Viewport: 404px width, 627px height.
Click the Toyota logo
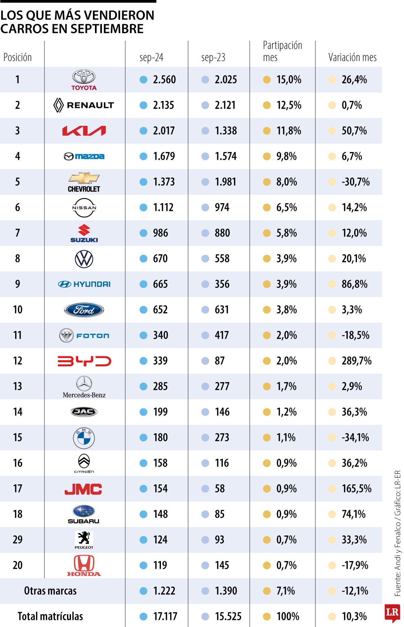pyautogui.click(x=84, y=79)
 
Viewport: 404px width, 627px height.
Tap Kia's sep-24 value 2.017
pyautogui.click(x=164, y=131)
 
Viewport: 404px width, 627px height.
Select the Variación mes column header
pyautogui.click(x=352, y=58)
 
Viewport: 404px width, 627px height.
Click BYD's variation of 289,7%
pyautogui.click(x=356, y=361)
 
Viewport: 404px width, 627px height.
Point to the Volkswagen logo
pyautogui.click(x=84, y=259)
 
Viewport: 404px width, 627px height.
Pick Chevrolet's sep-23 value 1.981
pyautogui.click(x=226, y=182)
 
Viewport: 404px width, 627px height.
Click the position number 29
pyautogui.click(x=18, y=540)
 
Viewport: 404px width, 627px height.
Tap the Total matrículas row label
pyautogui.click(x=50, y=616)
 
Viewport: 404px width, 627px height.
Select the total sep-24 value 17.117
pyautogui.click(x=165, y=616)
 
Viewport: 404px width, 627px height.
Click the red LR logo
pyautogui.click(x=392, y=613)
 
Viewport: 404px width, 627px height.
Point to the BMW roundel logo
pyautogui.click(x=84, y=438)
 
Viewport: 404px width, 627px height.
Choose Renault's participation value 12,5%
pyautogui.click(x=289, y=105)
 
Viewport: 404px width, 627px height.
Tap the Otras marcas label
pyautogui.click(x=50, y=591)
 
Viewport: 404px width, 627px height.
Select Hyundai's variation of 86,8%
pyautogui.click(x=354, y=284)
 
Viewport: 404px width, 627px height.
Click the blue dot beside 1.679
pyautogui.click(x=143, y=156)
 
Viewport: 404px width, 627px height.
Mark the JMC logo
pyautogui.click(x=83, y=489)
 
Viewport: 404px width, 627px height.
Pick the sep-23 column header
pyautogui.click(x=213, y=58)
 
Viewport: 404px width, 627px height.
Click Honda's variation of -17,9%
pyautogui.click(x=355, y=565)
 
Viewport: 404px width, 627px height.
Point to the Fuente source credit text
pyautogui.click(x=398, y=531)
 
